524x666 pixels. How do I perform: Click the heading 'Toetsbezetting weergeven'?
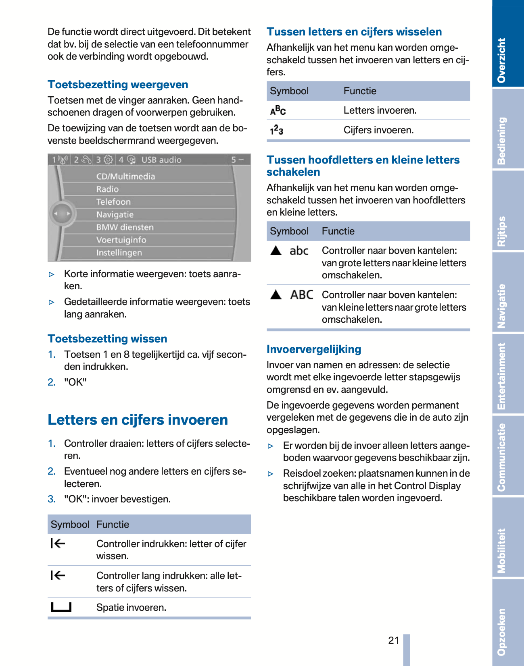[118, 85]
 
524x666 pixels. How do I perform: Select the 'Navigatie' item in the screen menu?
[115, 214]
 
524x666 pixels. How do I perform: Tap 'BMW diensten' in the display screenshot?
[125, 227]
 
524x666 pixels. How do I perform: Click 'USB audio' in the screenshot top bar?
[161, 160]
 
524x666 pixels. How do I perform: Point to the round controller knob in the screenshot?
[62, 214]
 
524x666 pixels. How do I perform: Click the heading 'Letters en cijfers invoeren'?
[138, 420]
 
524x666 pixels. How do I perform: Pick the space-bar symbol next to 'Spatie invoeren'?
[61, 607]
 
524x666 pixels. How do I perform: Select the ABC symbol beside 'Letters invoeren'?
[278, 110]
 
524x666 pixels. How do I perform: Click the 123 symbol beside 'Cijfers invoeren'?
[276, 130]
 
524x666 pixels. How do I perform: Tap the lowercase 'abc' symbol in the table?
[299, 251]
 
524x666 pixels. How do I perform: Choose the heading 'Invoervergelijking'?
[314, 349]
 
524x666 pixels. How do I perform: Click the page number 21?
[394, 640]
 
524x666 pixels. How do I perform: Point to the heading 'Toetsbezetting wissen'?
[107, 339]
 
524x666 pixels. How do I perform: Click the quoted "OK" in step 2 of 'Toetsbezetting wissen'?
[75, 382]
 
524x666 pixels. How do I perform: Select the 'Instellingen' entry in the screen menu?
[119, 253]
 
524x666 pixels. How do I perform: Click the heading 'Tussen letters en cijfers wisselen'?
[354, 32]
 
